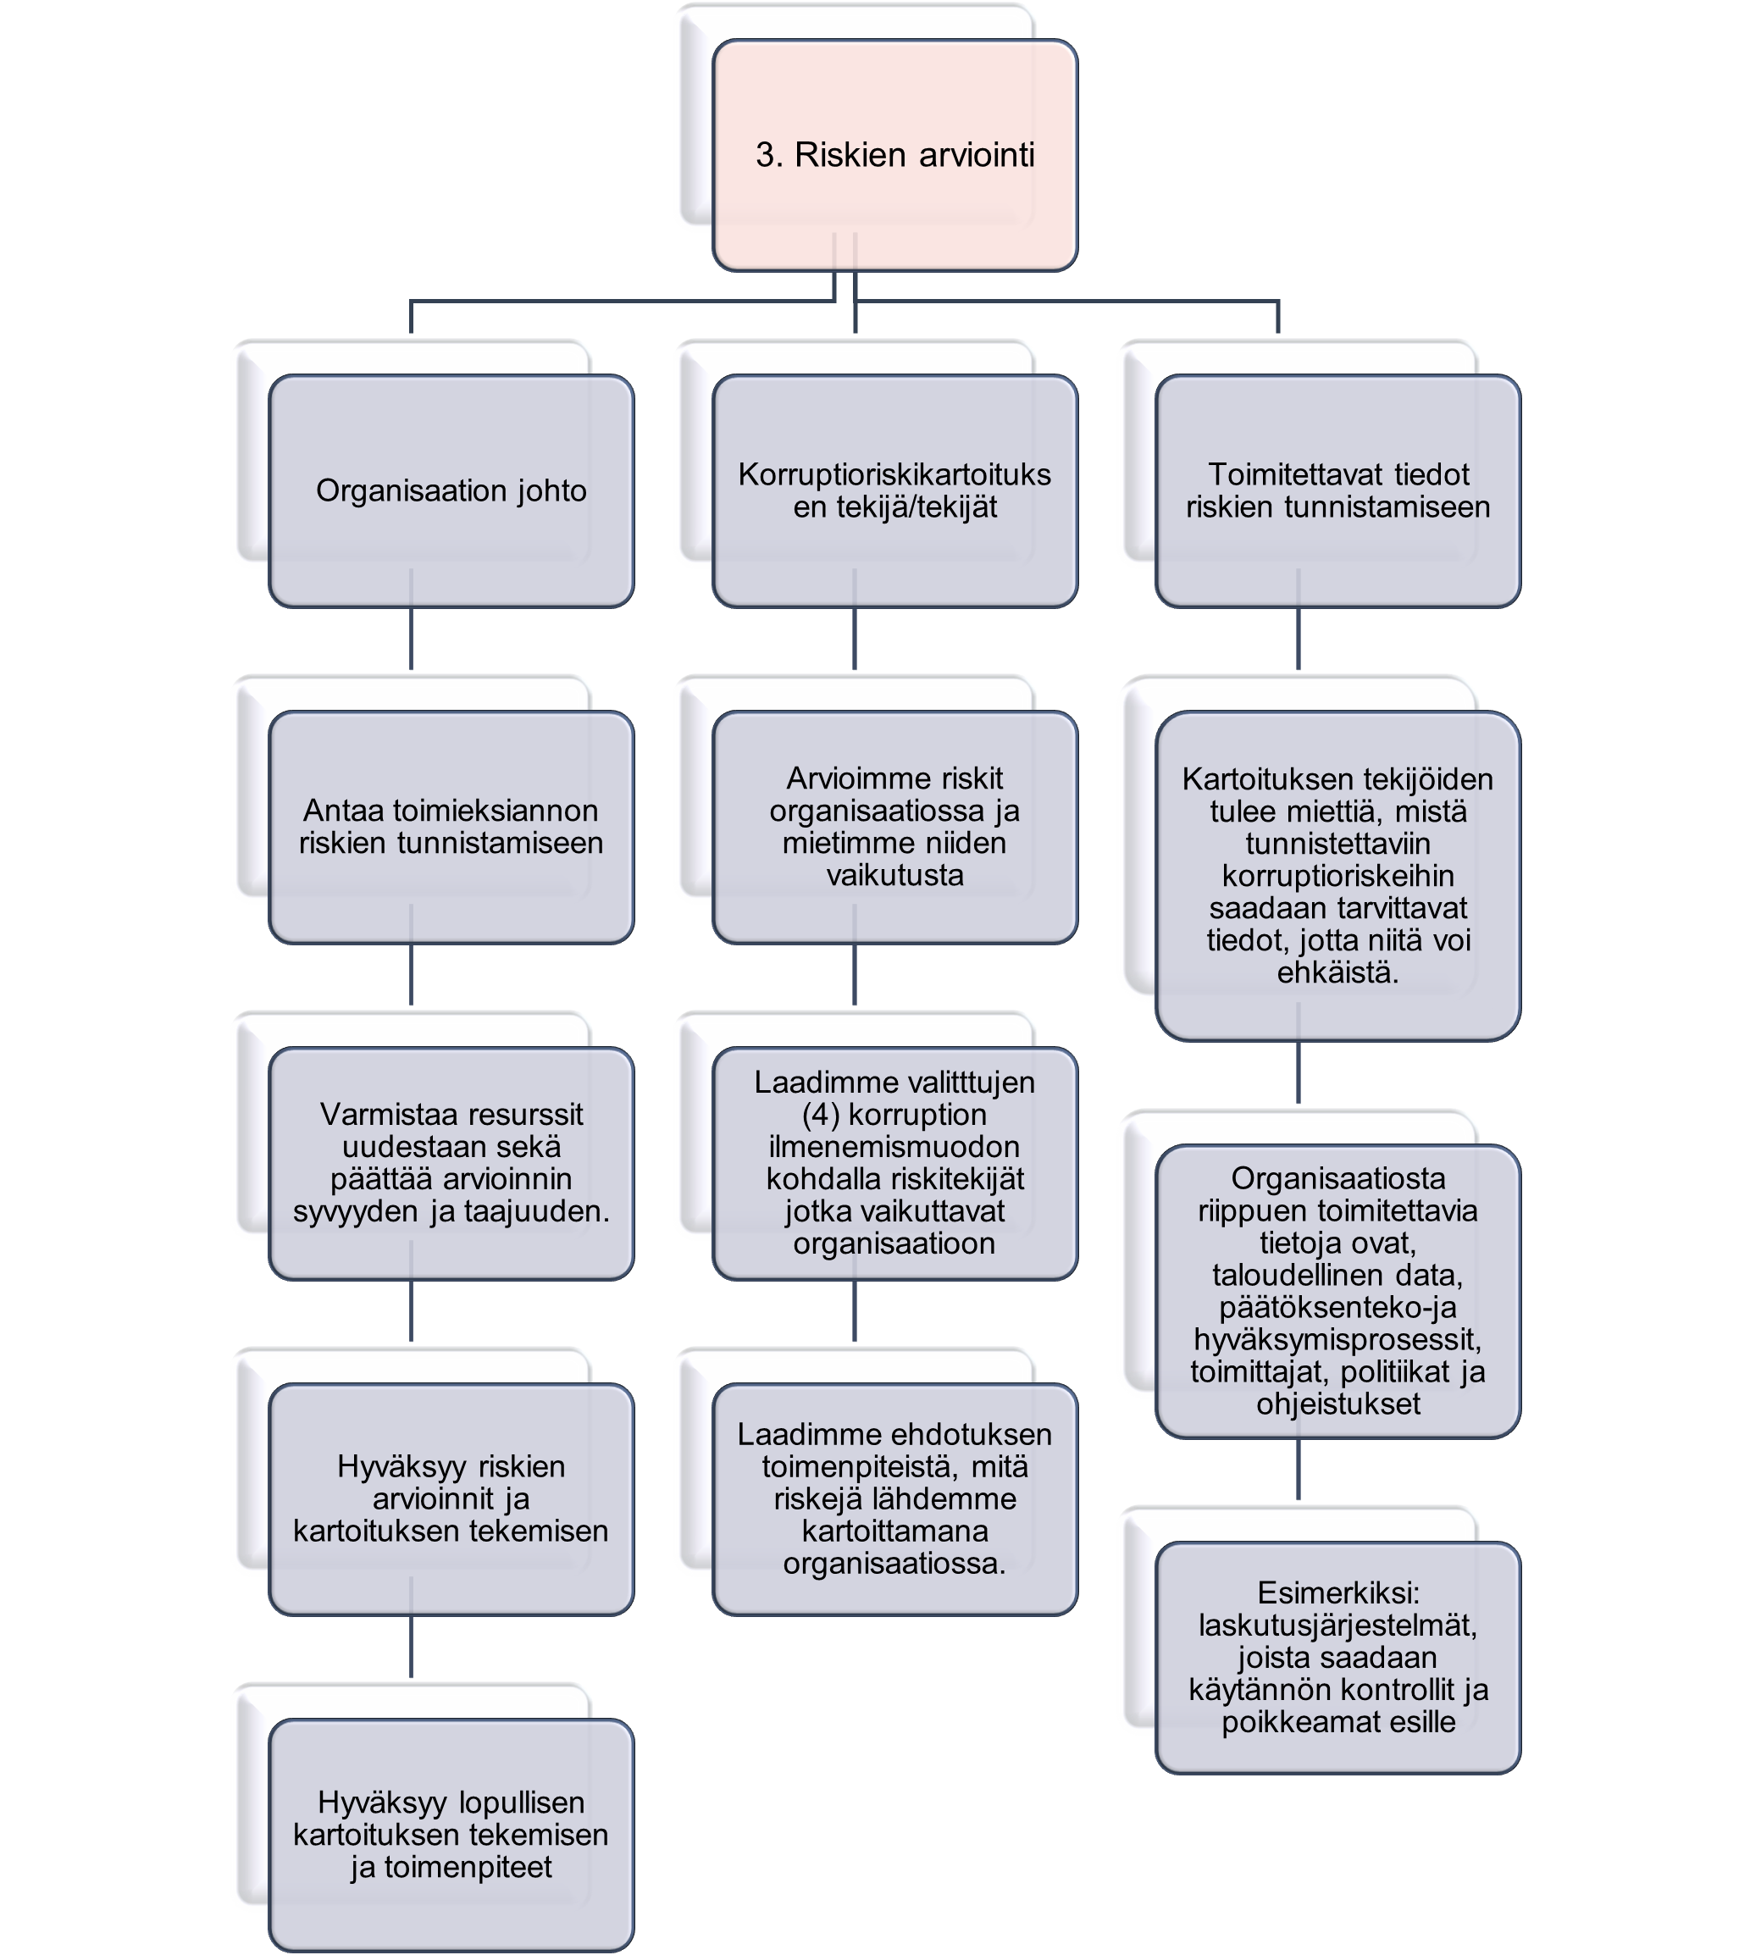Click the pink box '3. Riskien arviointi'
(x=894, y=155)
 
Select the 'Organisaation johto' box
(x=451, y=490)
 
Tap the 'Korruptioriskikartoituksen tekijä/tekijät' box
(x=894, y=490)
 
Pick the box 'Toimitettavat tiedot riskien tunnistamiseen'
(x=1337, y=490)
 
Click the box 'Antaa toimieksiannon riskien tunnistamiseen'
(x=451, y=827)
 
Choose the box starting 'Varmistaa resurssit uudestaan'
(x=451, y=1163)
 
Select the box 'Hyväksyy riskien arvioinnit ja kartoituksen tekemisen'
(x=451, y=1499)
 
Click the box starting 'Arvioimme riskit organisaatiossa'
(x=894, y=827)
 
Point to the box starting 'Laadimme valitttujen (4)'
(x=894, y=1163)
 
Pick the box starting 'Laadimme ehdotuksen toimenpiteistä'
(x=894, y=1499)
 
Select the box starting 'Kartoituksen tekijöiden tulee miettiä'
(x=1337, y=875)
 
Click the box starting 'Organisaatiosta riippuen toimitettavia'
(x=1337, y=1291)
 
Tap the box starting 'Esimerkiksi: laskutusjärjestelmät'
(x=1337, y=1658)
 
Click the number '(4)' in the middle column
(x=820, y=1115)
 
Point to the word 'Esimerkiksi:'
(x=1337, y=1593)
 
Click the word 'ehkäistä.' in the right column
(x=1337, y=972)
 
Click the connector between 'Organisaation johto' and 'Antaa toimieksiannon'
(x=412, y=619)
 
